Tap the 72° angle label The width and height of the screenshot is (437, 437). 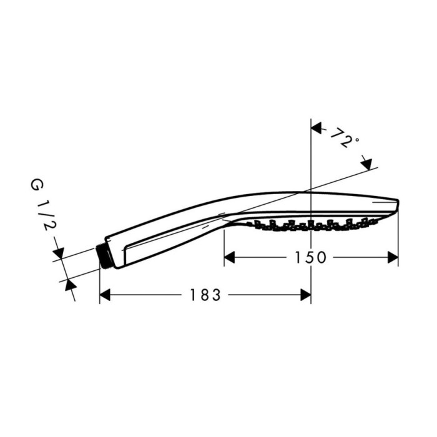click(x=345, y=139)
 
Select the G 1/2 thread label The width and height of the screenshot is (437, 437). click(x=40, y=207)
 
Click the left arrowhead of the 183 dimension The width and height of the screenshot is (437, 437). click(x=105, y=295)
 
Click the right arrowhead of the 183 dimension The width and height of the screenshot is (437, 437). click(x=305, y=295)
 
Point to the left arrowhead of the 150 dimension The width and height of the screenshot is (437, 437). click(x=229, y=257)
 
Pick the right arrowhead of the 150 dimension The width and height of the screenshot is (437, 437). click(x=393, y=257)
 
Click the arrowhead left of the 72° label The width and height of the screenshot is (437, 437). click(x=317, y=129)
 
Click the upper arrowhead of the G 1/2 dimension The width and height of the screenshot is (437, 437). click(x=58, y=253)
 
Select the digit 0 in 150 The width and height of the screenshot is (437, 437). click(x=322, y=257)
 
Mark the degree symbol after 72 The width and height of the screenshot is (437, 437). click(x=357, y=140)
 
